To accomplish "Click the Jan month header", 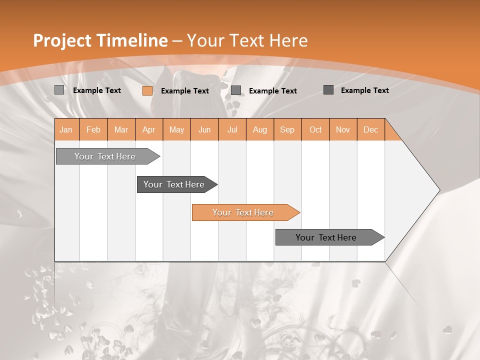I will [66, 129].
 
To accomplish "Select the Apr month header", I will [149, 129].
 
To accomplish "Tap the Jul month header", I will [232, 129].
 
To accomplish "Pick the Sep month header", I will [287, 129].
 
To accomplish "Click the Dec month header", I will [370, 129].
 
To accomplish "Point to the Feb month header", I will [93, 129].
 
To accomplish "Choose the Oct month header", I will [315, 129].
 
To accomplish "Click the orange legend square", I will [147, 90].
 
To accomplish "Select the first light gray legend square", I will [59, 90].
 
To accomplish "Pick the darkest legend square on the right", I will [328, 90].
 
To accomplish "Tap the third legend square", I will [236, 90].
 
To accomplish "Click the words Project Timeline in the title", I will [100, 40].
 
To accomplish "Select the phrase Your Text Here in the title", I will [247, 40].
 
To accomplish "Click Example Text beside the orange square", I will [184, 91].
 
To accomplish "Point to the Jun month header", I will [204, 129].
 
